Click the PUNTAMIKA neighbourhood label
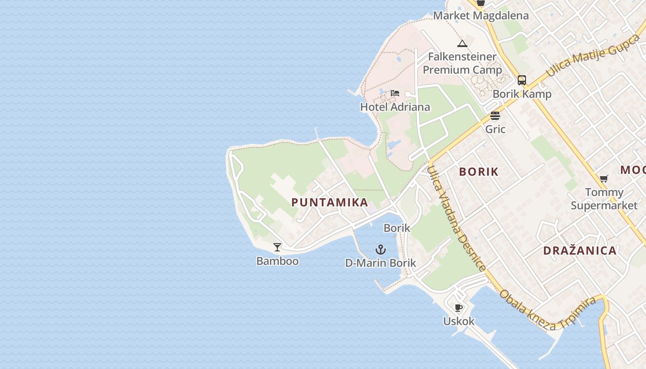(x=329, y=202)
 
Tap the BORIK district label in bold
(x=479, y=172)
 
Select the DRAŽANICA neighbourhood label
(x=580, y=251)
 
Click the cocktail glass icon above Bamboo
(x=277, y=247)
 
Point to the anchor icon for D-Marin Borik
(x=380, y=250)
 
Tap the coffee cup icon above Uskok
(x=458, y=308)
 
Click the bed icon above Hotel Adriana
(x=395, y=93)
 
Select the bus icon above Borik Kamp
(x=521, y=80)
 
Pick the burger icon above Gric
(x=495, y=115)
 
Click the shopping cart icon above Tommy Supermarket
(x=604, y=179)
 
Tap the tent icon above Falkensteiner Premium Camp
(x=462, y=44)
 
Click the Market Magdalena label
(x=481, y=16)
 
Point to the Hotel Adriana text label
(x=395, y=107)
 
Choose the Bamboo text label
(x=277, y=261)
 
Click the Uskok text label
(x=459, y=321)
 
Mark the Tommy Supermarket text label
(x=604, y=199)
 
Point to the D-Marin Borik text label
(x=381, y=263)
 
